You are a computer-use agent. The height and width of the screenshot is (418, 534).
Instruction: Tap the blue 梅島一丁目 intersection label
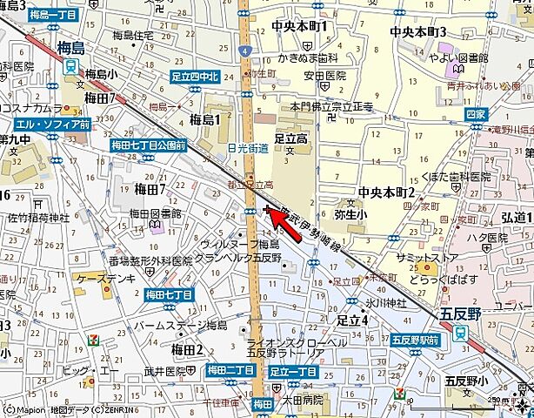(52, 15)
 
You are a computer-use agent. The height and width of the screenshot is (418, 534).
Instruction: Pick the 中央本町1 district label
(299, 26)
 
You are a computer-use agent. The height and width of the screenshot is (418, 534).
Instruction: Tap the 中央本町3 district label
(417, 31)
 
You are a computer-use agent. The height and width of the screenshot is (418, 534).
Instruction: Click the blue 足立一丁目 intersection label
(290, 370)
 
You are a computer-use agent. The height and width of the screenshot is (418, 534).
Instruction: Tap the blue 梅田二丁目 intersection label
(230, 370)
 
